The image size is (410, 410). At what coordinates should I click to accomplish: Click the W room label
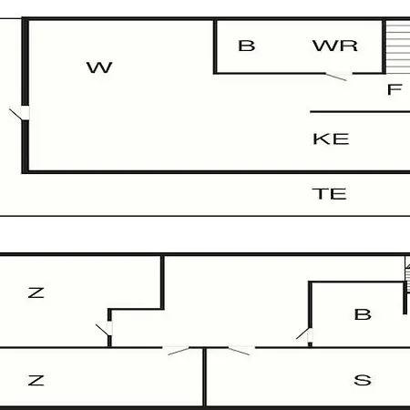(99, 67)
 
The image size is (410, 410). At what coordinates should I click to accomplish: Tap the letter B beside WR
(247, 46)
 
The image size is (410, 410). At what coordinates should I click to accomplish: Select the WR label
(335, 46)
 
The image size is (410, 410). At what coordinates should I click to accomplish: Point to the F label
(395, 89)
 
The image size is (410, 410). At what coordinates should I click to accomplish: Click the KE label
(331, 139)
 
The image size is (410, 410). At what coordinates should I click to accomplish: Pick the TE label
(330, 194)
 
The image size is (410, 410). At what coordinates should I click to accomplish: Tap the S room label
(363, 380)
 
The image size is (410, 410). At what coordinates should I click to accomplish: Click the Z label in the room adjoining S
(36, 380)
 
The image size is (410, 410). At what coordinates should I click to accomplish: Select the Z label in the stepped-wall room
(36, 292)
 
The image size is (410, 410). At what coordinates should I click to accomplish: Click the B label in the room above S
(363, 314)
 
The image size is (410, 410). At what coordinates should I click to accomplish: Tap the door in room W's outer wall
(21, 113)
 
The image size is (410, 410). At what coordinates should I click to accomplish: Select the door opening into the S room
(241, 350)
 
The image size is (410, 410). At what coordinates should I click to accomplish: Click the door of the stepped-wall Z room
(105, 329)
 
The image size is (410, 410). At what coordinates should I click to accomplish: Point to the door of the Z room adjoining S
(177, 350)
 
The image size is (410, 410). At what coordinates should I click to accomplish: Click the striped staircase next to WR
(398, 47)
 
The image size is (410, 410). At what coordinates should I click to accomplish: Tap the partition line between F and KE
(360, 112)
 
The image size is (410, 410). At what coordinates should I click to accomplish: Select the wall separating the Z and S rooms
(205, 377)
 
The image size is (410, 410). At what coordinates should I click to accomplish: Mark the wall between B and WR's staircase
(384, 47)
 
